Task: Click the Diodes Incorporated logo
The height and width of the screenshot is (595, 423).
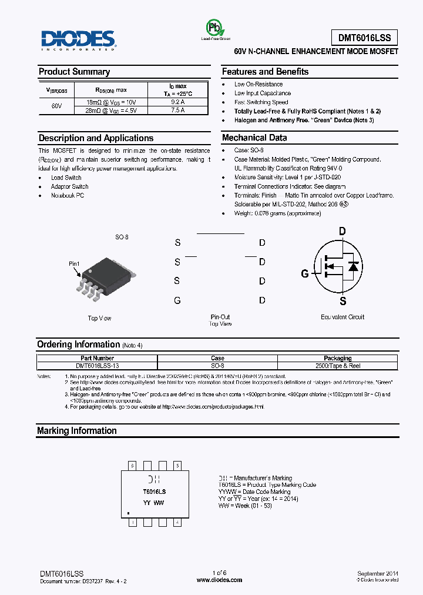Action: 78,40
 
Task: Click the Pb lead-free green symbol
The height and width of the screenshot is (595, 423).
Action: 213,28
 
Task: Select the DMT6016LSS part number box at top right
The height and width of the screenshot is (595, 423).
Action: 364,38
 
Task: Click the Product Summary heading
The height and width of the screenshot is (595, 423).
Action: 74,72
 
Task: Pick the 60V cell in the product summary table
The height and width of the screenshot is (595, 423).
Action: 56,106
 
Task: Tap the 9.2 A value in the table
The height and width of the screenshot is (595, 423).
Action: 177,102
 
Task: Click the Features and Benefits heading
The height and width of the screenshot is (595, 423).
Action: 265,72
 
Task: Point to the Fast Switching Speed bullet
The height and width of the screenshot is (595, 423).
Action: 261,102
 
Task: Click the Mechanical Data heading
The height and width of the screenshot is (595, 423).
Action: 254,138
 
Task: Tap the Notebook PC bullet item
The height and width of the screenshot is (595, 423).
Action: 68,195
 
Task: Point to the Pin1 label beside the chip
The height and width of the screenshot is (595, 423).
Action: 74,265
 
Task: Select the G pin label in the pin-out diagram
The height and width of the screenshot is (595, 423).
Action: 177,300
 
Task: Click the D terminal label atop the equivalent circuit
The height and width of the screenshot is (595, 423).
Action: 342,232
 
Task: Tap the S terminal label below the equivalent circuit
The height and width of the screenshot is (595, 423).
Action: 343,301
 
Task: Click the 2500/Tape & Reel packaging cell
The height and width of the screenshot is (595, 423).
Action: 338,366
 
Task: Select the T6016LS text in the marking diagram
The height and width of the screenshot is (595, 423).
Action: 154,491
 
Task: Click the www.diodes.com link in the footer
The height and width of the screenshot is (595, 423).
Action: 219,580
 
